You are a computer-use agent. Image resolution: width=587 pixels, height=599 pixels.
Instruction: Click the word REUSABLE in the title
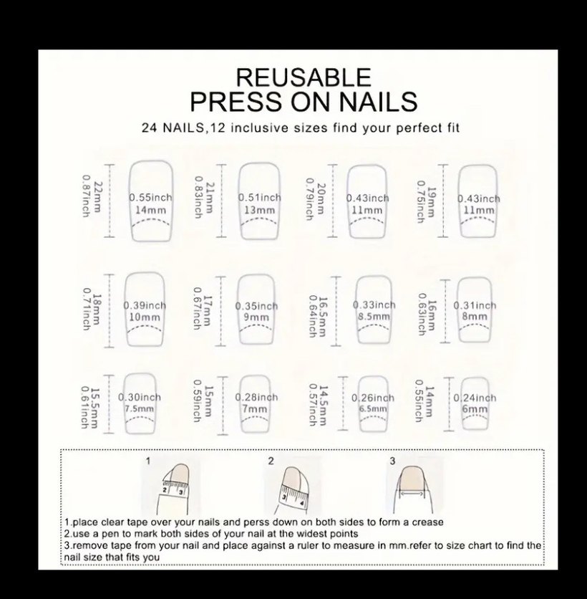point(304,77)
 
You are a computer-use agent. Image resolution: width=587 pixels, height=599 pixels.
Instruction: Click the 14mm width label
point(151,210)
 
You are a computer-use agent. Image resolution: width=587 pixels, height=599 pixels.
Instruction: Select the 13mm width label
point(260,210)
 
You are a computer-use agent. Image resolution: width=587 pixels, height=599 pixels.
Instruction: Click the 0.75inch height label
point(421,202)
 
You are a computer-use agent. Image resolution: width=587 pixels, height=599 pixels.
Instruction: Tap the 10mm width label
point(145,317)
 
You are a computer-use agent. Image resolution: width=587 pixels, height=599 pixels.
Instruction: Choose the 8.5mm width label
point(374,317)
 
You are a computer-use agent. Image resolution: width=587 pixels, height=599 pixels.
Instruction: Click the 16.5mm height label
point(323,317)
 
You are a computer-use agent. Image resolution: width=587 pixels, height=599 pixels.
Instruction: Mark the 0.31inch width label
point(475,306)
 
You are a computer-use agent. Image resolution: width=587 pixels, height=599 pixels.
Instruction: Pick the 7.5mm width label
point(140,408)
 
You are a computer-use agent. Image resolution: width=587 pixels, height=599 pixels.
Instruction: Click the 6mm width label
point(475,409)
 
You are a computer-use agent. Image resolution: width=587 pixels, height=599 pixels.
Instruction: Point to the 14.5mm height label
point(323,406)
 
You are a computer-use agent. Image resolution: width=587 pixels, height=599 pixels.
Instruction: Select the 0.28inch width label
point(256,397)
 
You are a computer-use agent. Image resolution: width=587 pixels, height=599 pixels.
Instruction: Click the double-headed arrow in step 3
point(412,494)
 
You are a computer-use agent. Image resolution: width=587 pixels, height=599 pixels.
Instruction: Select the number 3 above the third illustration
point(392,461)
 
